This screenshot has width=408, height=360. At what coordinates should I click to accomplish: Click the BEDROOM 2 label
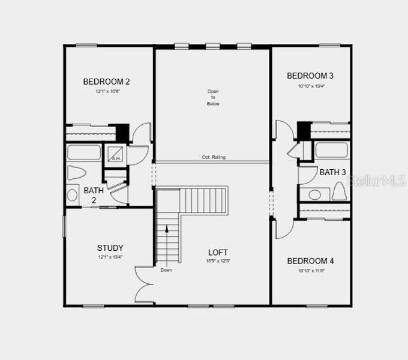pyautogui.click(x=106, y=82)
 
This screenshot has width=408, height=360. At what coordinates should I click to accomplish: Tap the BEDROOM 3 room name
pyautogui.click(x=310, y=76)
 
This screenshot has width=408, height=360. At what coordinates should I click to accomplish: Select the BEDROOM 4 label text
pyautogui.click(x=310, y=261)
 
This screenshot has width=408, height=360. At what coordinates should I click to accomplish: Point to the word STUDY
pyautogui.click(x=110, y=248)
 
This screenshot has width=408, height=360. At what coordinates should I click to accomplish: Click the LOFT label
pyautogui.click(x=218, y=252)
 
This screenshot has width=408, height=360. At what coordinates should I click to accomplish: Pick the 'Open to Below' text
pyautogui.click(x=213, y=97)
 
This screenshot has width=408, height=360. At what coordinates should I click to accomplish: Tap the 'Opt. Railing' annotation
pyautogui.click(x=214, y=157)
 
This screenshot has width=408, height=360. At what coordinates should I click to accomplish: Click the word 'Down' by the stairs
pyautogui.click(x=166, y=270)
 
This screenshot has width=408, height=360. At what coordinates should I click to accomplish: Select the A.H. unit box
pyautogui.click(x=115, y=154)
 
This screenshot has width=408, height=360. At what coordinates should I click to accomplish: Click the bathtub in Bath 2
pyautogui.click(x=84, y=152)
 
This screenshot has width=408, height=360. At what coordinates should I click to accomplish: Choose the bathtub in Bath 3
pyautogui.click(x=331, y=150)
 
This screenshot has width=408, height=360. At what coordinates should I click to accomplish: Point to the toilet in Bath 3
pyautogui.click(x=339, y=191)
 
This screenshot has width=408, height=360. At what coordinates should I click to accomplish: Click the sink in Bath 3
pyautogui.click(x=314, y=194)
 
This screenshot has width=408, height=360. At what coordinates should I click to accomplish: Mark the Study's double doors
pyautogui.click(x=144, y=284)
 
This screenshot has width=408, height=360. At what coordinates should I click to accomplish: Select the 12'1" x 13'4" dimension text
pyautogui.click(x=110, y=258)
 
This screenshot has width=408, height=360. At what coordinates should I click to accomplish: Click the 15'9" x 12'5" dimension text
pyautogui.click(x=218, y=261)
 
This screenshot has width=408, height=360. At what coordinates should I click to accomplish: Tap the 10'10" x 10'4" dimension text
pyautogui.click(x=310, y=86)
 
